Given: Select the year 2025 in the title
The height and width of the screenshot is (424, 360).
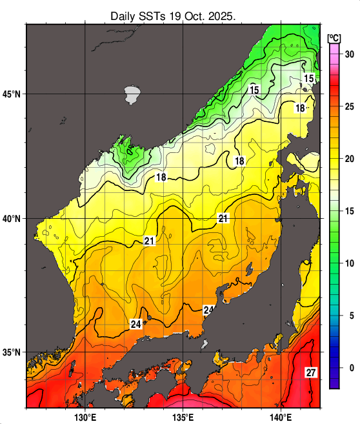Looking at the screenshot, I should [x=228, y=15].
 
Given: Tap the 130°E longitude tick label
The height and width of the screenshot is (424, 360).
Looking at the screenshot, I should [x=85, y=416].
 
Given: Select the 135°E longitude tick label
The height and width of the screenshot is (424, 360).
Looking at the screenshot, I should [x=184, y=416].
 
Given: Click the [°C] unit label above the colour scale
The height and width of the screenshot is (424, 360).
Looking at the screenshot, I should [x=334, y=38].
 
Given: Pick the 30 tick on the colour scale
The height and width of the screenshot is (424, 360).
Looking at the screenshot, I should [x=349, y=54].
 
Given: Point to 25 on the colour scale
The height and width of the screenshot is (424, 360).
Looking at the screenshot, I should [x=349, y=106].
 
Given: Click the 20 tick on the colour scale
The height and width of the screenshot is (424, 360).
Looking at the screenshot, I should [x=349, y=159].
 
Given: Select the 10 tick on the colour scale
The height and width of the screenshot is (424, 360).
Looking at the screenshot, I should [x=349, y=263].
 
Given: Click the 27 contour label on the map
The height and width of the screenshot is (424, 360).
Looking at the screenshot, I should [x=311, y=373].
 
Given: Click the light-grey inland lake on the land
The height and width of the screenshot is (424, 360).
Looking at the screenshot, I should [x=132, y=95].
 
